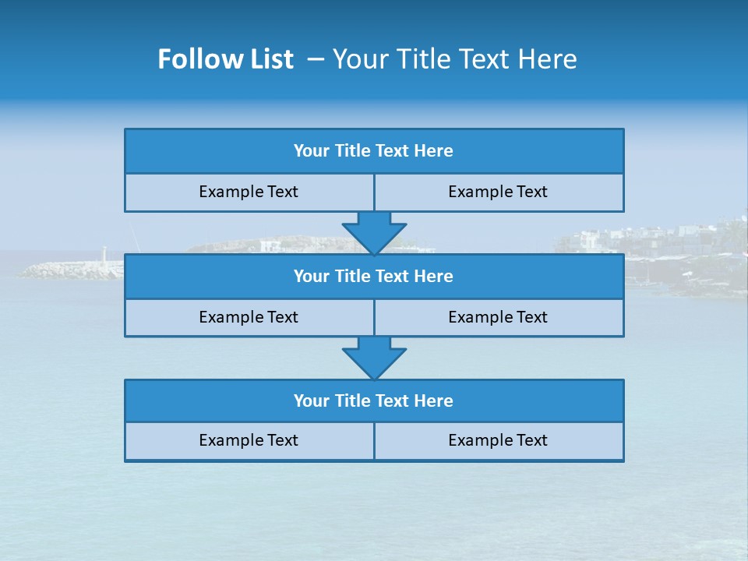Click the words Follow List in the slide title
coord(225,59)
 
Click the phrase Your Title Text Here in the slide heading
coord(455,59)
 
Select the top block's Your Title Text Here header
coord(373,151)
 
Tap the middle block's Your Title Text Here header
coord(373,276)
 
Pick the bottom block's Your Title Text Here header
coord(373,400)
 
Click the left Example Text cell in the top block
coord(249,192)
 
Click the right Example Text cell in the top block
coord(498,192)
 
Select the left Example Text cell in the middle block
coord(249,317)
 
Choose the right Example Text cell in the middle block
coord(498,317)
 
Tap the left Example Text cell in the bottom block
coord(249,440)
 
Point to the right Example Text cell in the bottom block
coord(498,440)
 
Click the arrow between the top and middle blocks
coord(374,232)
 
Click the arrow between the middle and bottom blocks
coord(374,358)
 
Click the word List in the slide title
coord(271,59)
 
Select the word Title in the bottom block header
coord(353,400)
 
